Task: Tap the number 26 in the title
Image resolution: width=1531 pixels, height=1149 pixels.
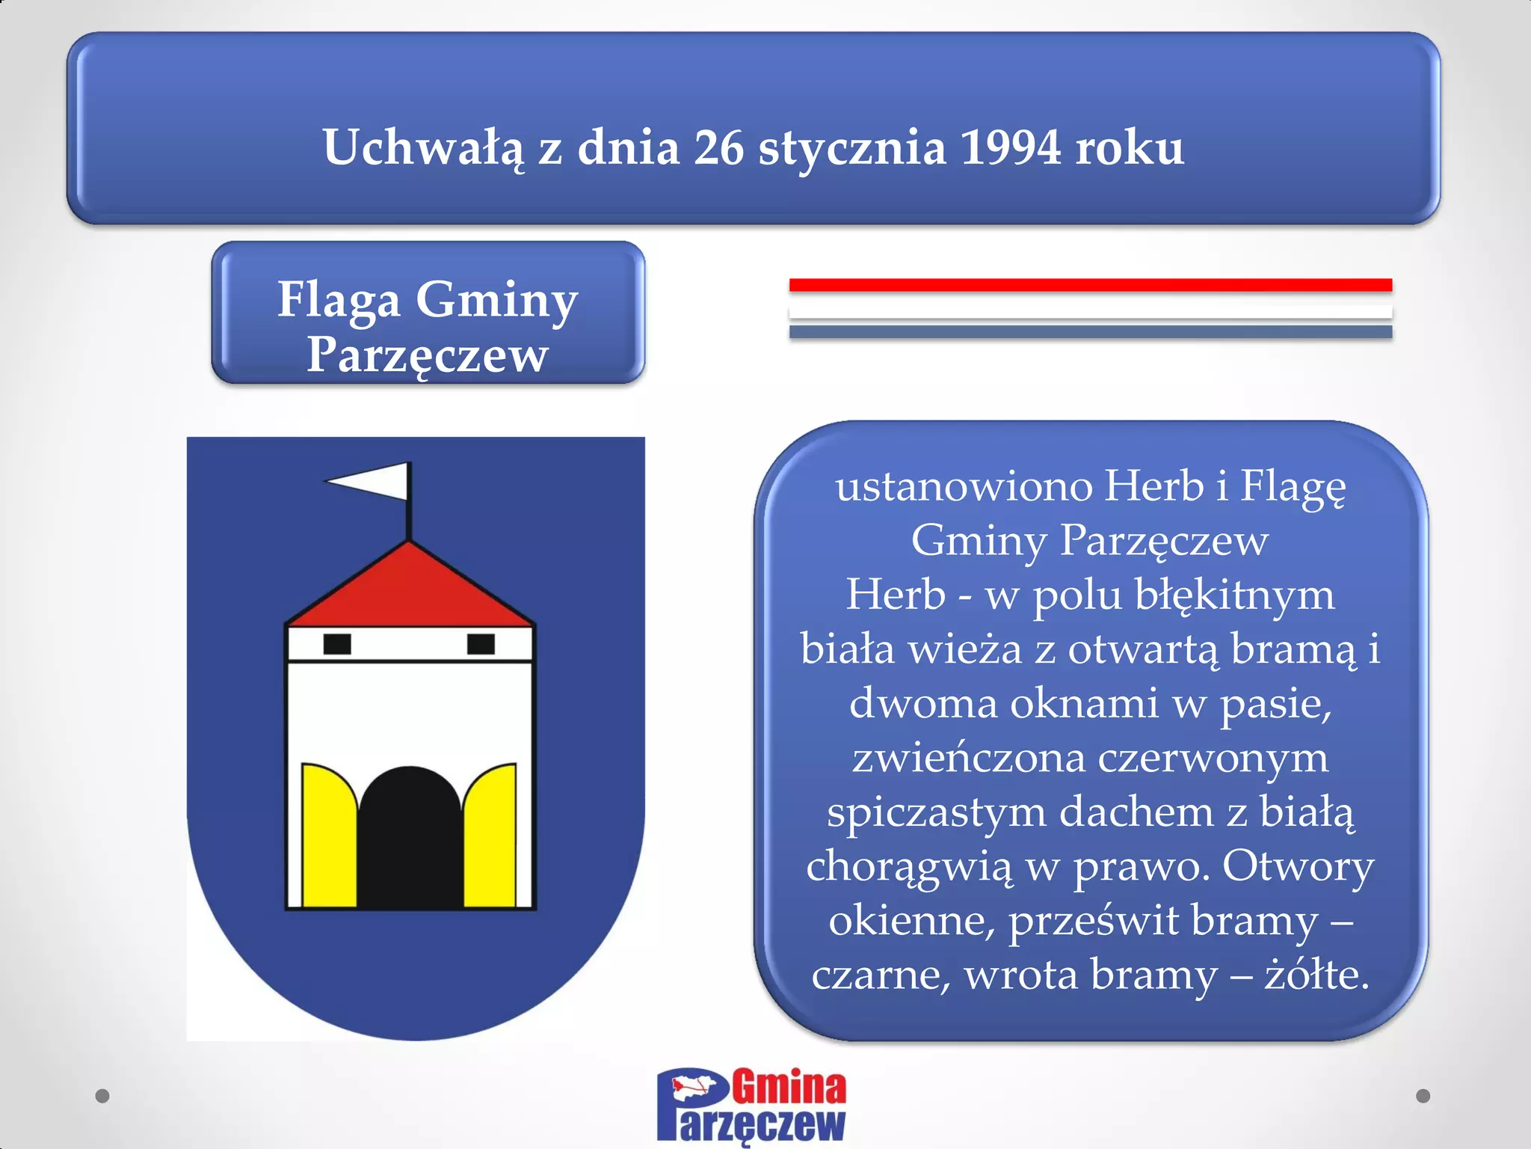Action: click(x=718, y=147)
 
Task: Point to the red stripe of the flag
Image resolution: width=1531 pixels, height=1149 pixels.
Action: click(x=1090, y=285)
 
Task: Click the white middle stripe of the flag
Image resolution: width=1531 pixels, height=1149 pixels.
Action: click(x=1090, y=310)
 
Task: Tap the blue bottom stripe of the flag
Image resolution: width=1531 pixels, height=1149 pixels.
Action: click(x=1090, y=331)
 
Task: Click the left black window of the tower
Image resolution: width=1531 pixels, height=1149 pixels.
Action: click(x=337, y=643)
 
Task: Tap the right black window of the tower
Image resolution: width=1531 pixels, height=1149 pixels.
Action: click(x=481, y=643)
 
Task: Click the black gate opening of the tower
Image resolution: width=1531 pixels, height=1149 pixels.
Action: click(x=410, y=838)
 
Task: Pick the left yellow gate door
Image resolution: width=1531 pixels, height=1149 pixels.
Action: click(x=327, y=838)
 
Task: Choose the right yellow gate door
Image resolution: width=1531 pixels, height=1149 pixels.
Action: click(x=492, y=838)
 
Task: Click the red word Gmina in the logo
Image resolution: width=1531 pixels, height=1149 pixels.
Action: click(x=789, y=1088)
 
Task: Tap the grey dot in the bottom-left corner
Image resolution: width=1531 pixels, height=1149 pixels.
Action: click(x=102, y=1096)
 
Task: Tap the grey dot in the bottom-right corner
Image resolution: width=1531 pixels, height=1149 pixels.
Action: click(x=1423, y=1096)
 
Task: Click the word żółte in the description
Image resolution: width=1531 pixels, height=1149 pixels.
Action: click(x=1316, y=974)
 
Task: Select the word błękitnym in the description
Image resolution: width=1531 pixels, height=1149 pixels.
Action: click(x=1234, y=596)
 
